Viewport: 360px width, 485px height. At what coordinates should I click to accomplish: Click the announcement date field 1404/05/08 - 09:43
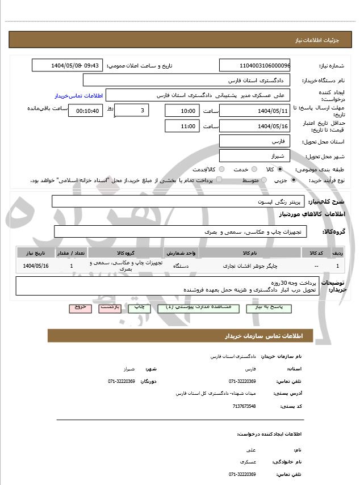click(68, 66)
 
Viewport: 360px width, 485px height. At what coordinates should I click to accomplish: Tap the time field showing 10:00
click(182, 111)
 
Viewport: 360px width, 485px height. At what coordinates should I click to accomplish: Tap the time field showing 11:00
click(182, 126)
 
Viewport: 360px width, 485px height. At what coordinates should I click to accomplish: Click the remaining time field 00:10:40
click(85, 111)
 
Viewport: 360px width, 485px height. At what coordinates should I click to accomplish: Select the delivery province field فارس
click(254, 141)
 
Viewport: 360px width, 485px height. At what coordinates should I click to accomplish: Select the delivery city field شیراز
click(254, 155)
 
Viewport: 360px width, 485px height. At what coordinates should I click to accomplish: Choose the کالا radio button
click(295, 170)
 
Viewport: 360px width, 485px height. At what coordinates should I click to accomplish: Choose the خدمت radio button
click(253, 170)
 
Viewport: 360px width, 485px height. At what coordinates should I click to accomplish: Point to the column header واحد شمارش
click(182, 252)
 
